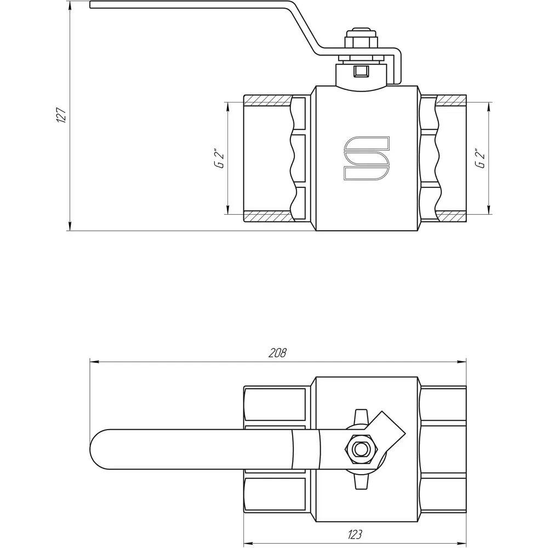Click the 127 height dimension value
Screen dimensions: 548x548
61,115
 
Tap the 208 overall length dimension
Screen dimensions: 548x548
277,353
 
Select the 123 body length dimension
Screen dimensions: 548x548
355,534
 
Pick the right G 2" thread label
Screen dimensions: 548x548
480,159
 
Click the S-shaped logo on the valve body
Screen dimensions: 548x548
366,158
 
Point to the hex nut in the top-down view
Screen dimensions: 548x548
359,449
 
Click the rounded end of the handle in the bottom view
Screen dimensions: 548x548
96,449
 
